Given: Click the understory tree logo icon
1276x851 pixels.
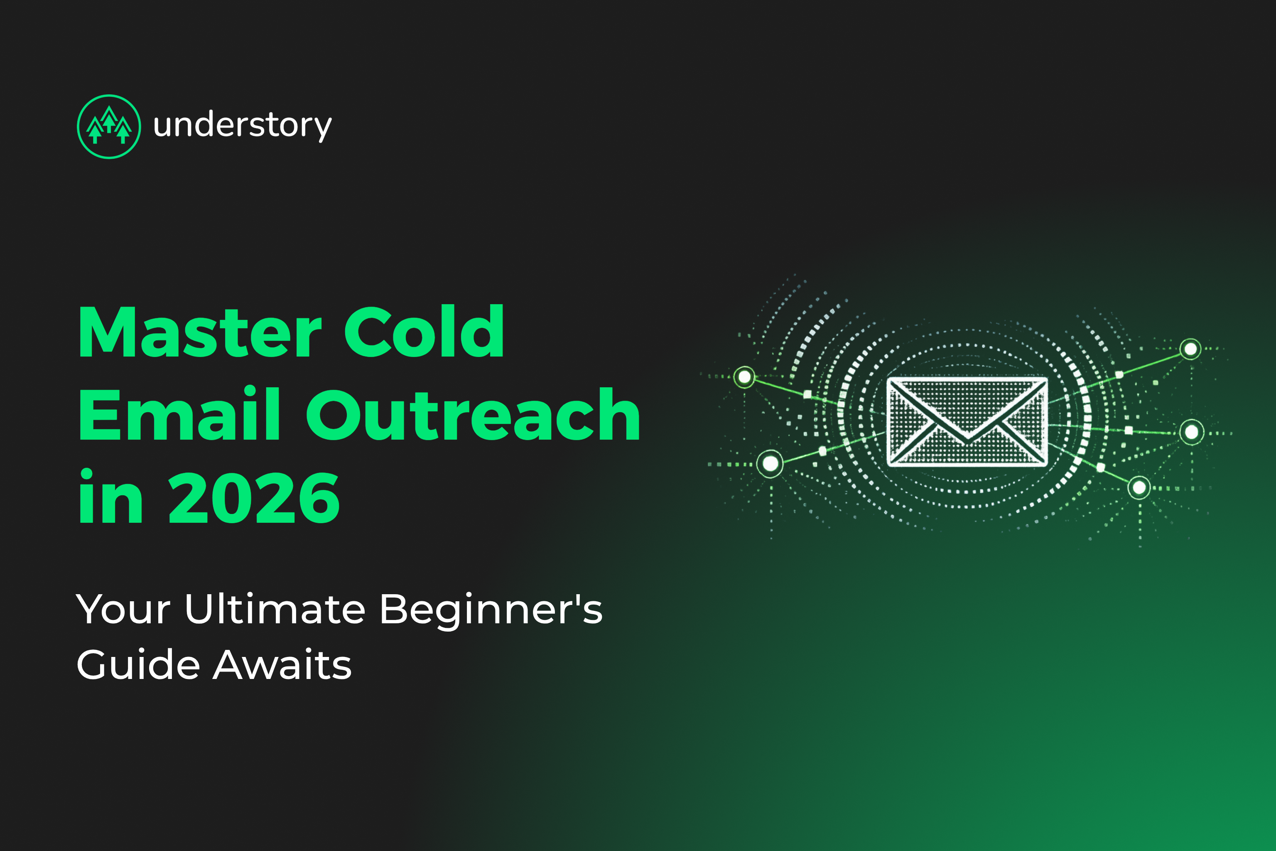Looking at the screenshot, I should (109, 126).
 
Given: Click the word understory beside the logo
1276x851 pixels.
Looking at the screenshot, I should (242, 126).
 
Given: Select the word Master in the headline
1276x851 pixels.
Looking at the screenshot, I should (200, 332).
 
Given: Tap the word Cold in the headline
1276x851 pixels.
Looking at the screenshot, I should (424, 332).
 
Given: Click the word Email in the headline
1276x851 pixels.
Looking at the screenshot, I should (179, 415).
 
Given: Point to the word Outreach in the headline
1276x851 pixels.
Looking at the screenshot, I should (473, 415).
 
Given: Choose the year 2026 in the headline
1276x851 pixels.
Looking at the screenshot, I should (254, 498).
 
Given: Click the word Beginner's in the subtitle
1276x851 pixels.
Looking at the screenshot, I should (491, 610).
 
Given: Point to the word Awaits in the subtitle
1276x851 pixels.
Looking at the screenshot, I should (282, 665).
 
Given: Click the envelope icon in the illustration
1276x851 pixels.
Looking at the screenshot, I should (967, 422).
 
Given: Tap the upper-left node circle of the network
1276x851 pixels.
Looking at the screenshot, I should (744, 376).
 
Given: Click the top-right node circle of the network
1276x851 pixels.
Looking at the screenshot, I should (1190, 349).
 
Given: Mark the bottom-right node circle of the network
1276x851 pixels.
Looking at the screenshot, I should (1139, 488).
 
